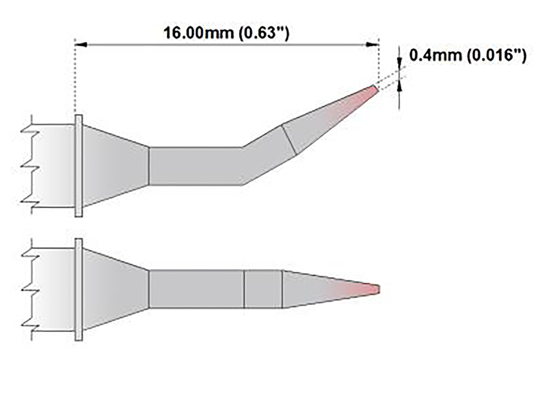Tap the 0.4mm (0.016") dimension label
[x=467, y=56]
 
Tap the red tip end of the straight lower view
[x=375, y=289]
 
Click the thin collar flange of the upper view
[x=78, y=165]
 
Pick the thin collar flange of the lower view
[x=78, y=289]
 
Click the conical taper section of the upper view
[x=116, y=165]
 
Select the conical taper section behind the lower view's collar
[x=116, y=289]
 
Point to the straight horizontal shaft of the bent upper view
[x=195, y=166]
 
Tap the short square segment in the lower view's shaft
[x=263, y=289]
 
